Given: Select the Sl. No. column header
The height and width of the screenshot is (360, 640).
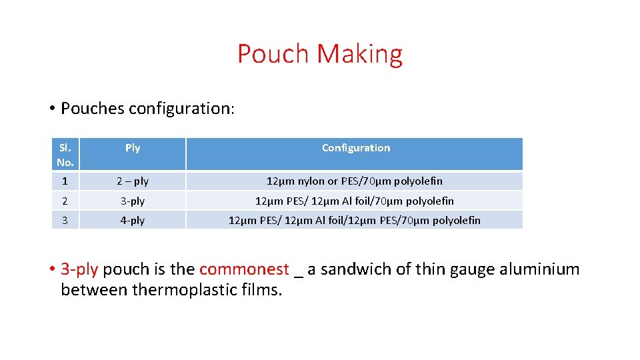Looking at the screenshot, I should tap(65, 154).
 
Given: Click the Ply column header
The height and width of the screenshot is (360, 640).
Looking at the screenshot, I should tap(133, 148).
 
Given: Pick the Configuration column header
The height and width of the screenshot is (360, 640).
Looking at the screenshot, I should tap(356, 148).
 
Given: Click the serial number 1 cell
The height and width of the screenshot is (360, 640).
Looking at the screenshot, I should tap(65, 181).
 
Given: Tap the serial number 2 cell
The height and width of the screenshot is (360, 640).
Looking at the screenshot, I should tap(65, 201).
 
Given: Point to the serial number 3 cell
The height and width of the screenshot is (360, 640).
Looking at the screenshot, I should tap(65, 220).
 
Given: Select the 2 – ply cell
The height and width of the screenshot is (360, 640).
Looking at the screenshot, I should tap(133, 181).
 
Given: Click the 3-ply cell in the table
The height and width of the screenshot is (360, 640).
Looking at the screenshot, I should tap(133, 201).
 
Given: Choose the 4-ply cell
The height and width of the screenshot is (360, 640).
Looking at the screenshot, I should tap(133, 220).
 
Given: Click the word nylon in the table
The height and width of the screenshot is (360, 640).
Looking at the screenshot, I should tap(311, 181).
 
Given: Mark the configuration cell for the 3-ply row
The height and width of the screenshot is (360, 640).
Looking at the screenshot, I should tap(355, 201).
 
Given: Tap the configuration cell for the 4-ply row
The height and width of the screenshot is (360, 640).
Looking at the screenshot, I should tap(355, 220).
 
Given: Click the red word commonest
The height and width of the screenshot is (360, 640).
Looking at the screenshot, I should tap(244, 269).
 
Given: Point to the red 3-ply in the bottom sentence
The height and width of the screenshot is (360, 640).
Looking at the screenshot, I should tap(79, 270).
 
